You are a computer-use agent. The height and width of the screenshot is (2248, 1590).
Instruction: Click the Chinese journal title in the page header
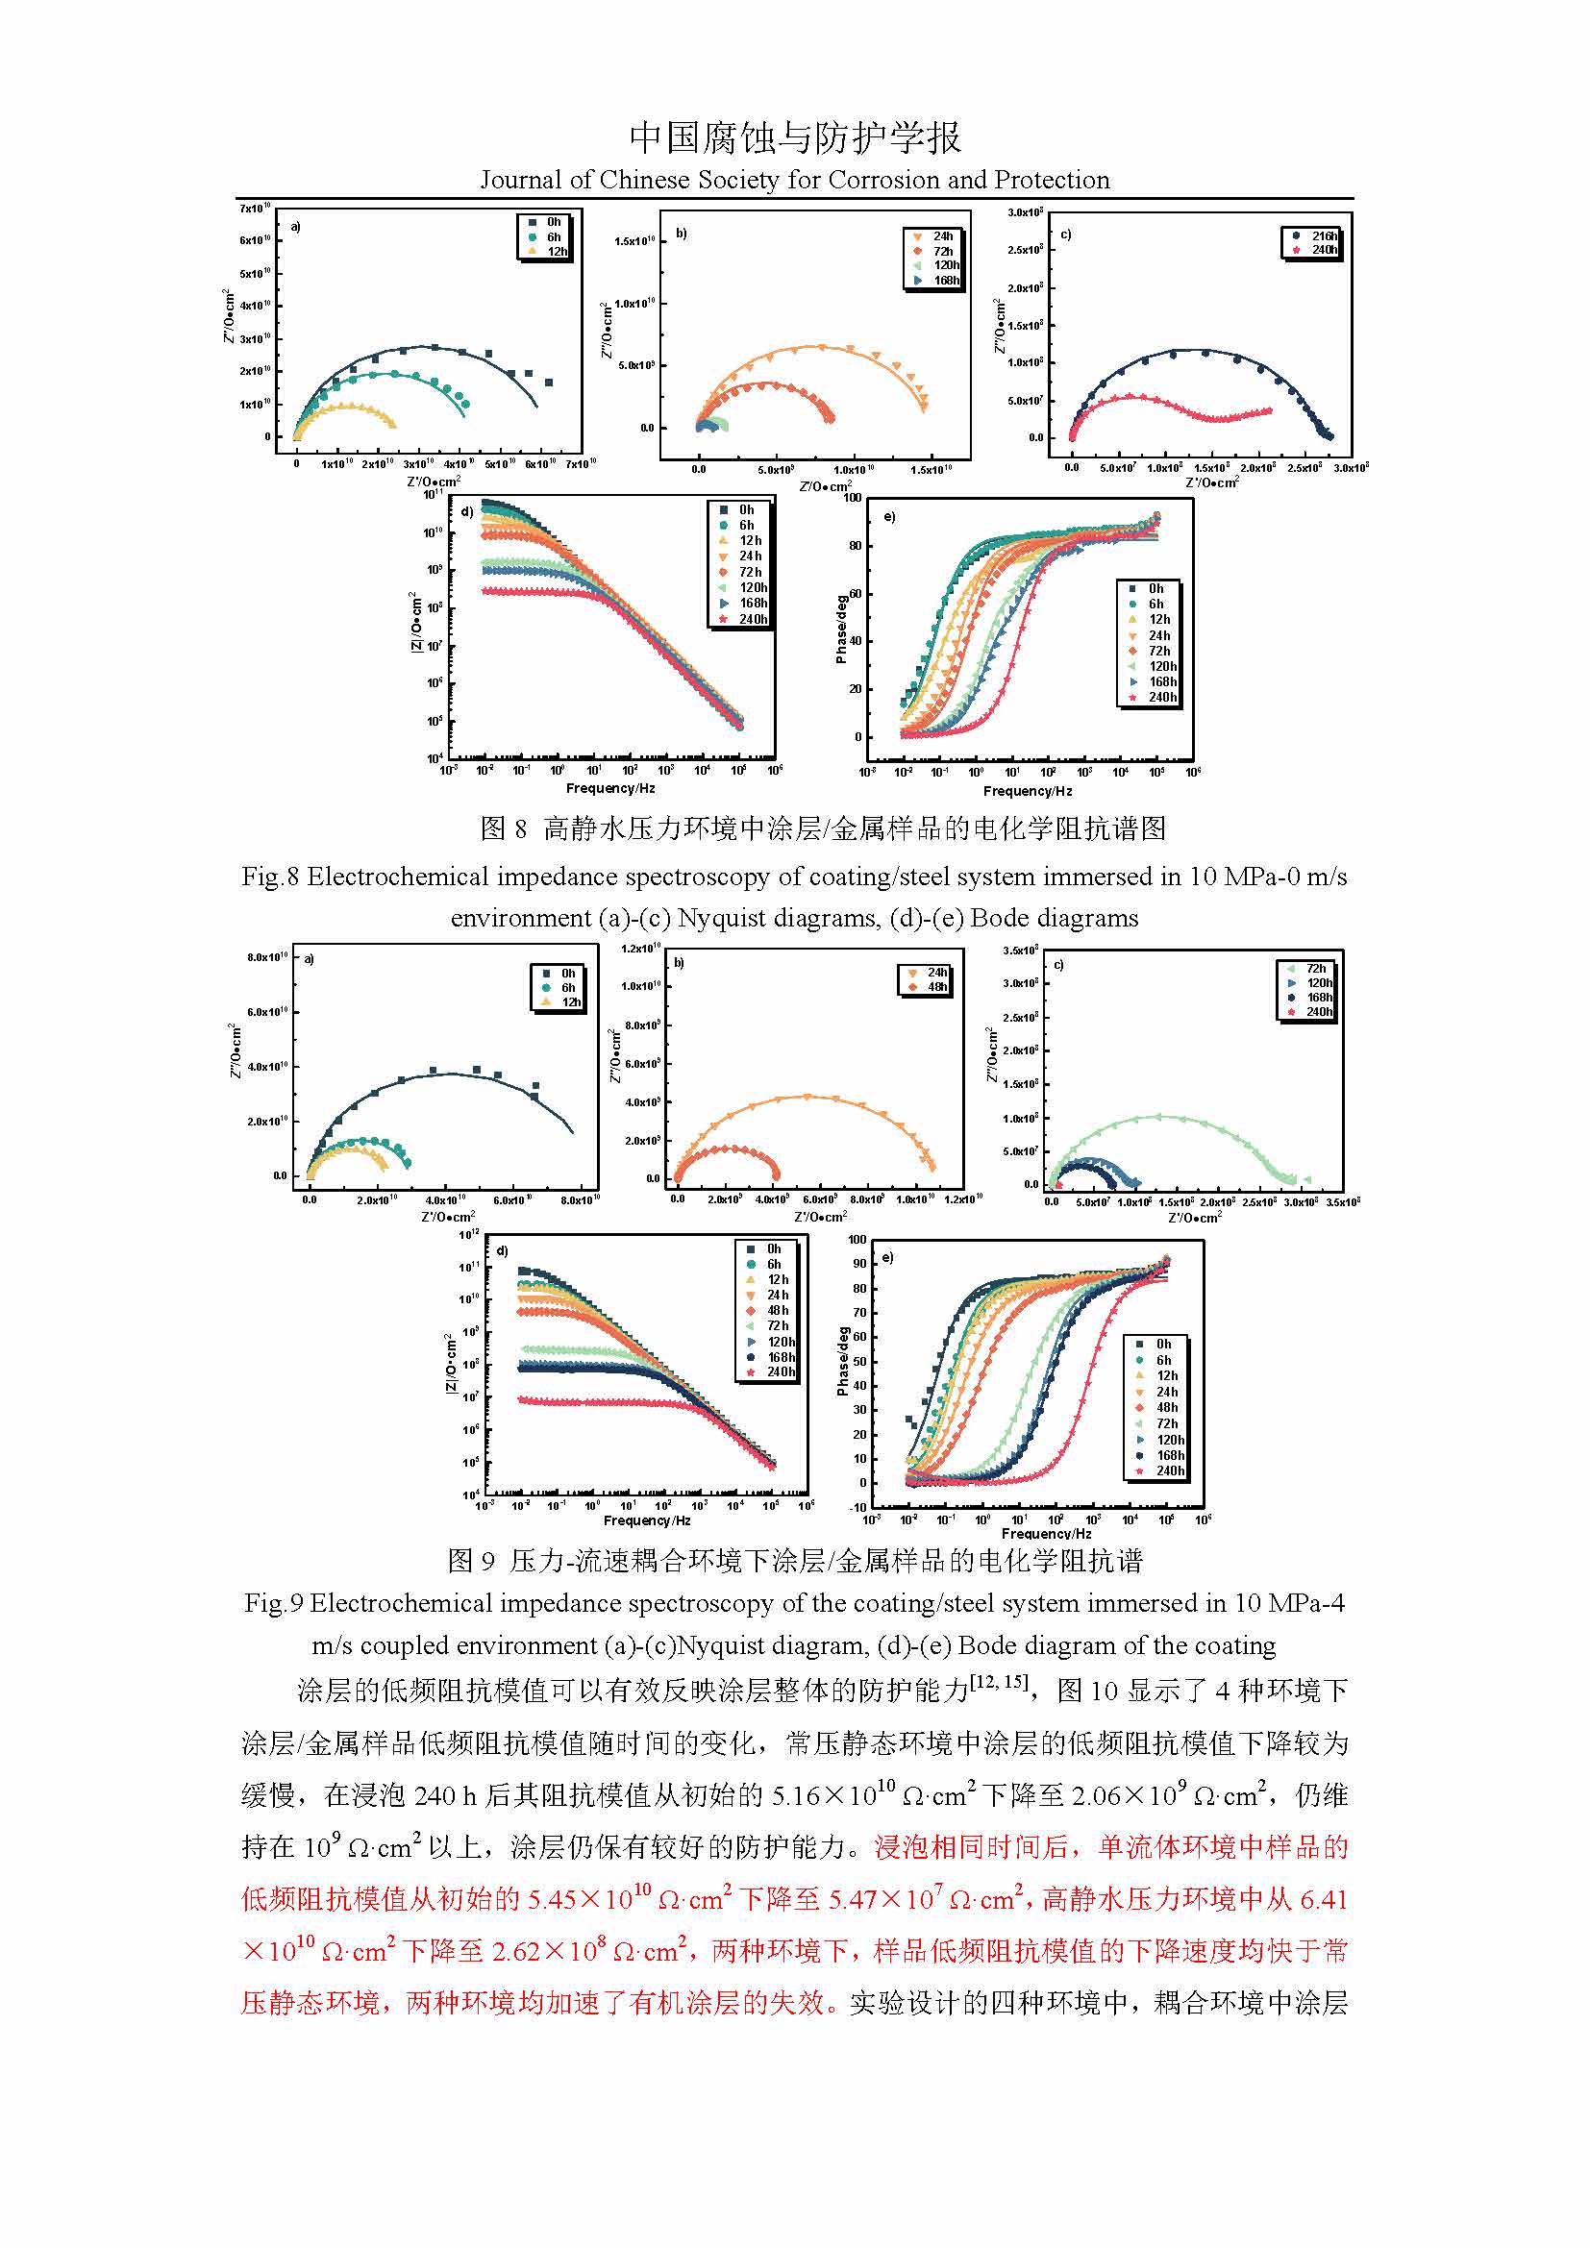794,138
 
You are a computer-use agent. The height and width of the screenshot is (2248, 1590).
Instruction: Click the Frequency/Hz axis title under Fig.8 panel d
610,788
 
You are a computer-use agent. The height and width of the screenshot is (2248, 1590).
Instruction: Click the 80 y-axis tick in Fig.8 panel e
855,546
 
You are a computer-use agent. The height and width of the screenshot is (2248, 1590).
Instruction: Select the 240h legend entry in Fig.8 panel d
752,619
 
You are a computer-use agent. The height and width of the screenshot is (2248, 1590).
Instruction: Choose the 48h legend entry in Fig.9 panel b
937,987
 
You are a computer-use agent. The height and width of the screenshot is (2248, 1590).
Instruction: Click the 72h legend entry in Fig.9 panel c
1316,969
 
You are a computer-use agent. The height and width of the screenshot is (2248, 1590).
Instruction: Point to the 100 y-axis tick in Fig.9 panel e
857,1240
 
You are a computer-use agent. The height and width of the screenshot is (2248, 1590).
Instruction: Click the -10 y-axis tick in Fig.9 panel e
857,1507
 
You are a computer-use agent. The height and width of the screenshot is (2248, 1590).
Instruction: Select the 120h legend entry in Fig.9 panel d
781,1342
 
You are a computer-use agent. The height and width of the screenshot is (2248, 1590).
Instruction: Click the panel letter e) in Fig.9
887,1257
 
